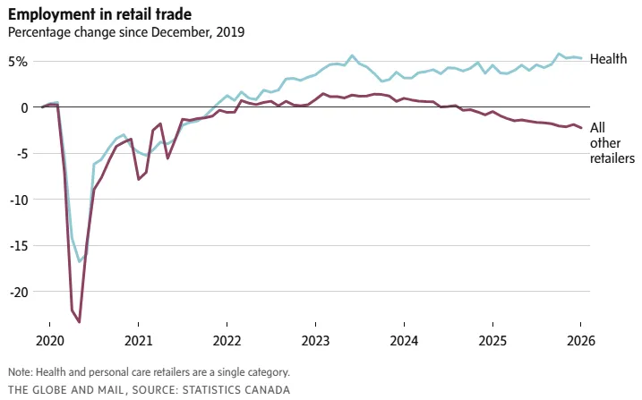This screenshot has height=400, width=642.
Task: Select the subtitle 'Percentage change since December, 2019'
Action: pyautogui.click(x=126, y=32)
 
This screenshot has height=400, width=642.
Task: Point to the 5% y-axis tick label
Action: pyautogui.click(x=20, y=61)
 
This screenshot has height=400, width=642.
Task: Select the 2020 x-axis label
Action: pyautogui.click(x=50, y=341)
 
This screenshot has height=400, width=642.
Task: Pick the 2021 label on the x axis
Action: pyautogui.click(x=139, y=341)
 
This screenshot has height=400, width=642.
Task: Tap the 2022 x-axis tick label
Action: pyautogui.click(x=227, y=341)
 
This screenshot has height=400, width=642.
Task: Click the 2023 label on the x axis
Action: pyautogui.click(x=315, y=341)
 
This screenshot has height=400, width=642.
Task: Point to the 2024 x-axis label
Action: pyautogui.click(x=404, y=341)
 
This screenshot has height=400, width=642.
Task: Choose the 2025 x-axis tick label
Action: pyautogui.click(x=492, y=341)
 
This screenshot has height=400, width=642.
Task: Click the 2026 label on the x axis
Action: pyautogui.click(x=580, y=341)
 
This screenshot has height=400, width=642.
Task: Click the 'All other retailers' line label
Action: pyautogui.click(x=612, y=143)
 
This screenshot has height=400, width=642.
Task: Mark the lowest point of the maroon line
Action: pyautogui.click(x=80, y=322)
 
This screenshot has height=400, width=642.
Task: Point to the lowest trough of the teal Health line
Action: pyautogui.click(x=80, y=262)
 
